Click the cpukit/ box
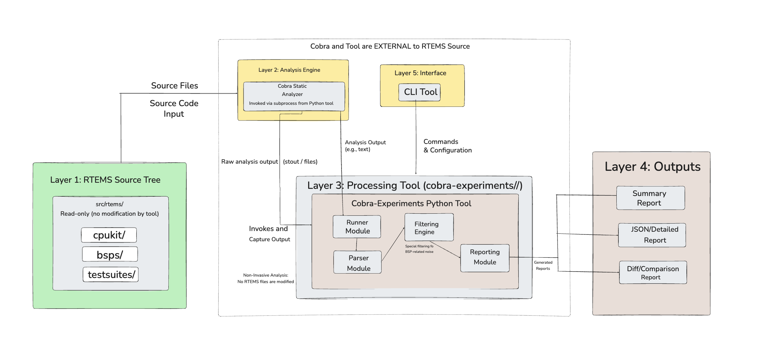[109, 235]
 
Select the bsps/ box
[110, 255]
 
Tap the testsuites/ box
[111, 275]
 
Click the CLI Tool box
[420, 92]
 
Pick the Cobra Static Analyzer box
[294, 96]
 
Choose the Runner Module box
[357, 227]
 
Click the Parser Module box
[358, 262]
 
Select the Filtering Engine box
[429, 227]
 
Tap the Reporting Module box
[485, 258]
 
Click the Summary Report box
[650, 198]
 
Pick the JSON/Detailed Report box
[652, 235]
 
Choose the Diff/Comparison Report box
[653, 273]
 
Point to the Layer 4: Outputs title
[652, 167]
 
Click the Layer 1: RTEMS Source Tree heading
[105, 180]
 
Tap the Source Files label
[175, 86]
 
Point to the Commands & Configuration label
[447, 146]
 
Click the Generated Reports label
[543, 265]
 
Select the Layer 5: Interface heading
[420, 73]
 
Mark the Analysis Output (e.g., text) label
[365, 146]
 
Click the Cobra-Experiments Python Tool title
[411, 203]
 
